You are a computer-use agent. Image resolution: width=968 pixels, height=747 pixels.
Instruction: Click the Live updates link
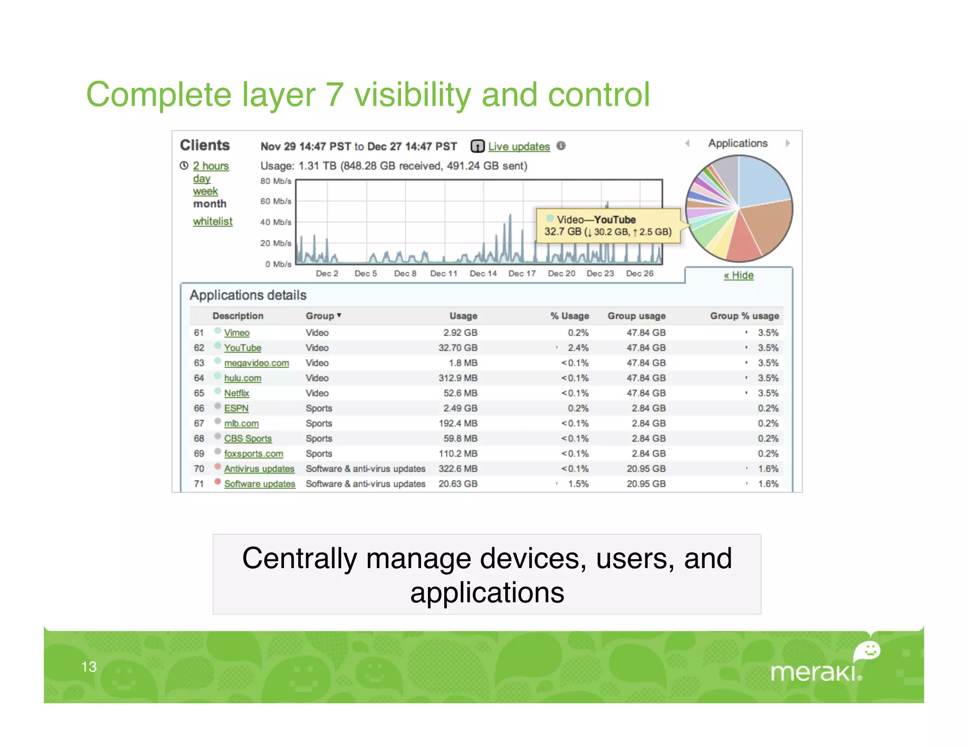[519, 146]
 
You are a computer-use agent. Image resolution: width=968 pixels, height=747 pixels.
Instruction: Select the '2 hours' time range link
[211, 166]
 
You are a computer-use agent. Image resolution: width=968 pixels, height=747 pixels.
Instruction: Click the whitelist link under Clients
[213, 221]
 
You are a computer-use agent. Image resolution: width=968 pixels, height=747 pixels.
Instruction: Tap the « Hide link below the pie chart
[738, 275]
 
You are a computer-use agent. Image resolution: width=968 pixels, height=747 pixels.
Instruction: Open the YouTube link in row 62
[242, 348]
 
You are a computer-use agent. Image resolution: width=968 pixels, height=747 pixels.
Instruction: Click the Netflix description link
[236, 393]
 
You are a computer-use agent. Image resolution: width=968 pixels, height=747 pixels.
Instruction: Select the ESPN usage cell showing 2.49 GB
[460, 408]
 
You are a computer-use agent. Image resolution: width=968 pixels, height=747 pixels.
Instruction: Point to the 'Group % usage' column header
[744, 315]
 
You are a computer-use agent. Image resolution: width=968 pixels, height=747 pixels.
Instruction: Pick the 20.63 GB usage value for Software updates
[458, 484]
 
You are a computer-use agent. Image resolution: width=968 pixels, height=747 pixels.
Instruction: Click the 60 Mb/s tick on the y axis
[276, 201]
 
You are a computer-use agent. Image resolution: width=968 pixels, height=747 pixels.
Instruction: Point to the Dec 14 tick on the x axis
[483, 273]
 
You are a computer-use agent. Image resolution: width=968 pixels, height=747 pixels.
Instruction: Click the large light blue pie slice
[761, 182]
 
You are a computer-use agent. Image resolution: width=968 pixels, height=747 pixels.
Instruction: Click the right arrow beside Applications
[787, 143]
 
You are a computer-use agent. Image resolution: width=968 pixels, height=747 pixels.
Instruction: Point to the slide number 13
[89, 666]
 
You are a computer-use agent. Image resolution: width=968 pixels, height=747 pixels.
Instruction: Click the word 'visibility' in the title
[412, 94]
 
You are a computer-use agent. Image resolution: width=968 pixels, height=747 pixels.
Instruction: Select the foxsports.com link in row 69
[253, 453]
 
